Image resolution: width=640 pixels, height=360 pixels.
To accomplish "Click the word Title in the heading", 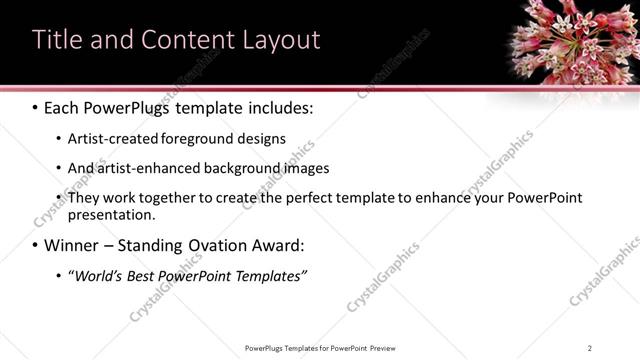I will pos(57,40).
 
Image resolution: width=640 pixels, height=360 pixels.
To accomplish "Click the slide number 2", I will pos(590,348).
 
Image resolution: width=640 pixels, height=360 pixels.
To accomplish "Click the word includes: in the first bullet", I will pos(278,107).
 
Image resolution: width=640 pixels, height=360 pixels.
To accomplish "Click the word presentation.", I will pos(111,214).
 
